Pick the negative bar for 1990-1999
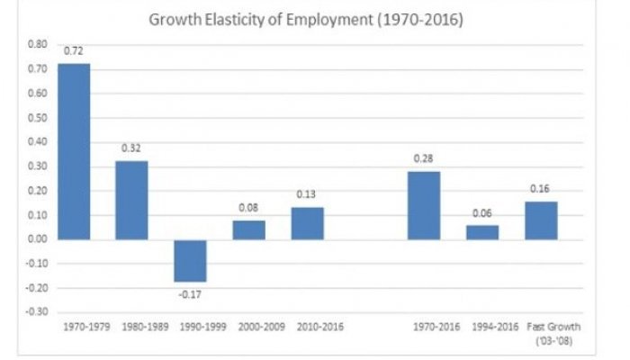tap(190, 260)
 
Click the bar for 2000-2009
tap(248, 229)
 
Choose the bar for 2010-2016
tap(307, 223)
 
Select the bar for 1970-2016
tap(424, 205)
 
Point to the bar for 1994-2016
tap(482, 232)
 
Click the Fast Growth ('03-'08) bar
tap(541, 220)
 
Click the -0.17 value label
tap(190, 292)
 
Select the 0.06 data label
tap(482, 215)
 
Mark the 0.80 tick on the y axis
tap(36, 43)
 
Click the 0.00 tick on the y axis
tap(36, 239)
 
